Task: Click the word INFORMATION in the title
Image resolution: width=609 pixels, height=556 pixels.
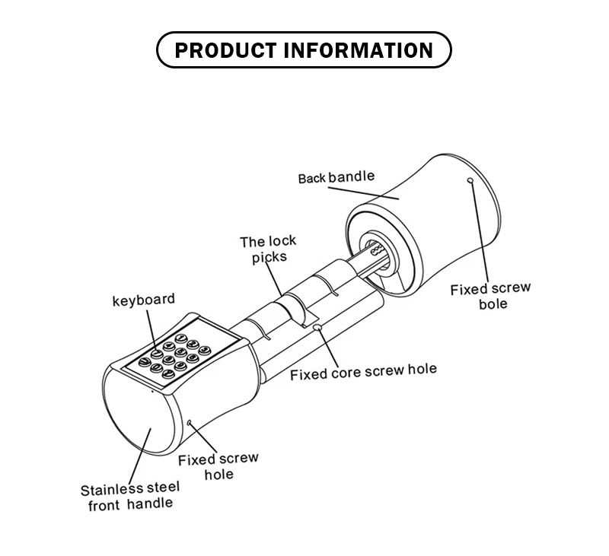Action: [359, 50]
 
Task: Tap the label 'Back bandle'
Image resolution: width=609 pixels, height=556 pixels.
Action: [336, 177]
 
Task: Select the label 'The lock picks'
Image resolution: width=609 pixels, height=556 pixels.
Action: [268, 249]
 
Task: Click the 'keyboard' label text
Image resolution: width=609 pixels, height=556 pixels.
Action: [144, 300]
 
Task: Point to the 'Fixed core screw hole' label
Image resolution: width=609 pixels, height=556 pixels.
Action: [364, 371]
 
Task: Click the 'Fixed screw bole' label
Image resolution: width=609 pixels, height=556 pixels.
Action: [490, 296]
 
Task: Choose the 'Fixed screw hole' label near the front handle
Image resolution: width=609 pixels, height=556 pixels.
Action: [218, 466]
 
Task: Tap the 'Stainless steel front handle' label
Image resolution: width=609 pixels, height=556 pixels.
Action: [130, 496]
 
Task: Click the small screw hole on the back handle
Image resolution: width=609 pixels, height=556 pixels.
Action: [470, 180]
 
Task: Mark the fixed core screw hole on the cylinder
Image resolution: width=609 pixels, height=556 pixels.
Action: [318, 328]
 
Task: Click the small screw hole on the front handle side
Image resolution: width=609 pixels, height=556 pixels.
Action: [190, 422]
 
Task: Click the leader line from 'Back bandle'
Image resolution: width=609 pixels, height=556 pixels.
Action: [364, 193]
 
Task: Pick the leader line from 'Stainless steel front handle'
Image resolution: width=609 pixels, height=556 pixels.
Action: [140, 456]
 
